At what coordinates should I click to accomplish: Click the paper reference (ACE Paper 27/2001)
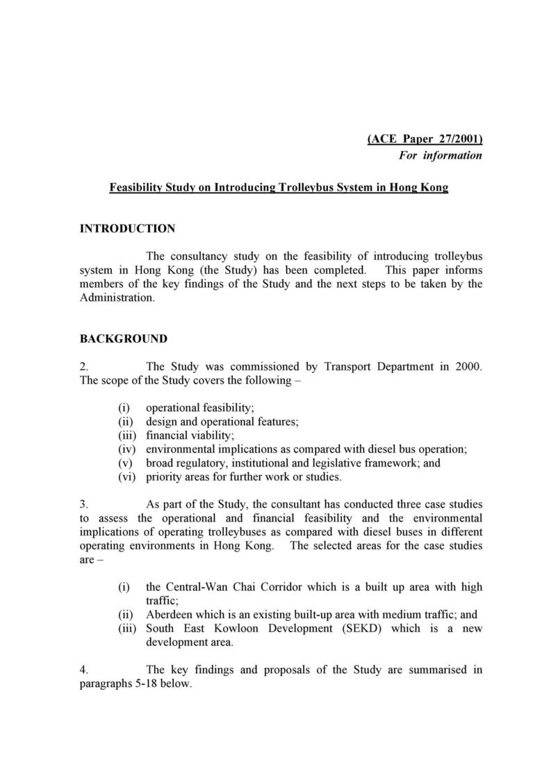tap(424, 139)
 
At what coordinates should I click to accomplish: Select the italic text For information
tap(440, 156)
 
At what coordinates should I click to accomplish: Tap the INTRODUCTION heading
tap(127, 229)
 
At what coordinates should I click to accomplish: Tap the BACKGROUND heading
tap(123, 339)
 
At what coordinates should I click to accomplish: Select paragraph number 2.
tap(83, 367)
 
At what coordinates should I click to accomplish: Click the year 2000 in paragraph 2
tap(468, 367)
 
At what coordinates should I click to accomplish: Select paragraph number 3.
tap(83, 505)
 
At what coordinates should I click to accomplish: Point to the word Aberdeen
tap(171, 615)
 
